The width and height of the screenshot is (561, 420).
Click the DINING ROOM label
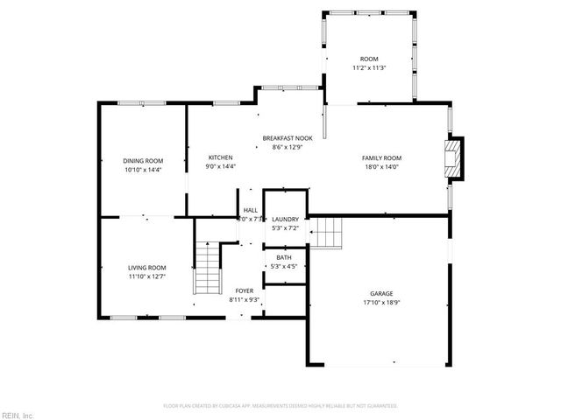143,160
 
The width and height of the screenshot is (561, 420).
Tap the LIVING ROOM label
146,268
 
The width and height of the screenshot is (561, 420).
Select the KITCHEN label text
220,157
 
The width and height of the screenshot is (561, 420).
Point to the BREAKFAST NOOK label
288,138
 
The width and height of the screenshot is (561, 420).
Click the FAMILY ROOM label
381,158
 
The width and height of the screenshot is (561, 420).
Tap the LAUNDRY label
285,220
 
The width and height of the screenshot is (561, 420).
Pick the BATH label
284,257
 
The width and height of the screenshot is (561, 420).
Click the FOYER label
244,290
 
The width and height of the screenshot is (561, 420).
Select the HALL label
251,211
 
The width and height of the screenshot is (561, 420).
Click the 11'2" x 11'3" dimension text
369,67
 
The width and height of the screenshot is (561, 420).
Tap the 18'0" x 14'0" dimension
381,167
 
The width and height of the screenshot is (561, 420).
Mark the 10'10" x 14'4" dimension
143,169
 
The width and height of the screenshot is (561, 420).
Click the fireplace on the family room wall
453,158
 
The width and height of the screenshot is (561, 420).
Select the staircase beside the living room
208,268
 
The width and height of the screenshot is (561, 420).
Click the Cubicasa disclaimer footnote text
280,406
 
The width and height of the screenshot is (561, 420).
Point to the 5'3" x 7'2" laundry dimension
285,228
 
